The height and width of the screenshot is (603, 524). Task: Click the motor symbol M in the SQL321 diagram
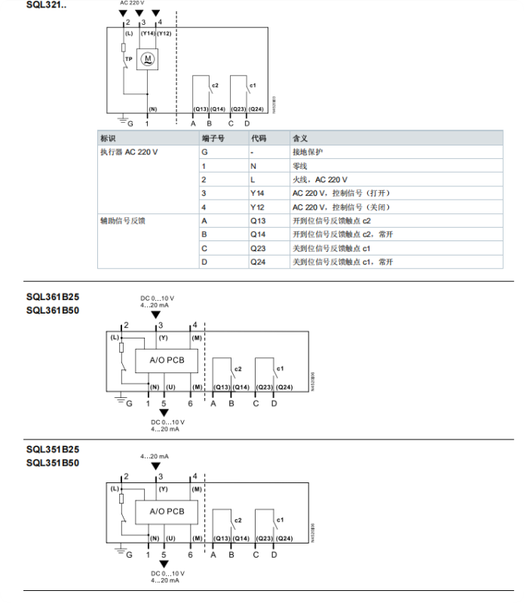[147, 59]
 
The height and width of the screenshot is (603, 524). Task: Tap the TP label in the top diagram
[129, 59]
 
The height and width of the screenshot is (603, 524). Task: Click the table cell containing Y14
[257, 193]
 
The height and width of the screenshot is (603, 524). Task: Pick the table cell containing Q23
[258, 248]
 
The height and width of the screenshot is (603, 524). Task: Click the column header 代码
[259, 139]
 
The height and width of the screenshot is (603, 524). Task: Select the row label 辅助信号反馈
[122, 221]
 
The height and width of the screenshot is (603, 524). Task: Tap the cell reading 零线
[300, 166]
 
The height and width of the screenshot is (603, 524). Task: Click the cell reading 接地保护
[308, 152]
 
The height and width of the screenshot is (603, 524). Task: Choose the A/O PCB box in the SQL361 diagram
[167, 360]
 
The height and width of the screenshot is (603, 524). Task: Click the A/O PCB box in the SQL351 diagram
[167, 512]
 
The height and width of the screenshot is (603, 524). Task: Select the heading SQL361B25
[53, 297]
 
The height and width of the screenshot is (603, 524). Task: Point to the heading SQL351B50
[53, 463]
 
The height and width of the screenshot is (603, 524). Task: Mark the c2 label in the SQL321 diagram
[215, 85]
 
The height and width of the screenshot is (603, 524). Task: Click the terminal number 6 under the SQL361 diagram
[190, 404]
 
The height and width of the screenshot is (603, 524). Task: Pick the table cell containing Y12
[257, 207]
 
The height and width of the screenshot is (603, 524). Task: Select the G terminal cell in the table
[204, 152]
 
